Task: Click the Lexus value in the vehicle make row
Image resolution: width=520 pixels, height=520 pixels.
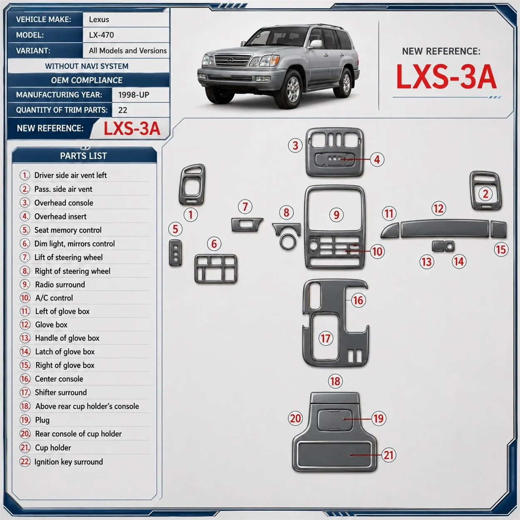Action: (99, 20)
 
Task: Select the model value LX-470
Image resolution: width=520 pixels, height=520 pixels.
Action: (101, 35)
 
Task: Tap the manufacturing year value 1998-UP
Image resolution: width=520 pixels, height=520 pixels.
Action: (134, 95)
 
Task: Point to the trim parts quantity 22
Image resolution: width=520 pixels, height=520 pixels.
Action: (122, 110)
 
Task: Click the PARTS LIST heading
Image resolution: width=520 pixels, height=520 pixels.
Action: (83, 156)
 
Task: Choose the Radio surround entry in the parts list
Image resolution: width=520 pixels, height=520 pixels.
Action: (60, 285)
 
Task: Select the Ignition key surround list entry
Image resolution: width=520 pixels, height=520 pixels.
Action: (69, 462)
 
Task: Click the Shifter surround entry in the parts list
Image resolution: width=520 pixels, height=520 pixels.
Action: (61, 392)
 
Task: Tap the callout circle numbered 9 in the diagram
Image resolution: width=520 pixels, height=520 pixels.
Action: (336, 215)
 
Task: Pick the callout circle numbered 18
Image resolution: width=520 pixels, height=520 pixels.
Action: (335, 381)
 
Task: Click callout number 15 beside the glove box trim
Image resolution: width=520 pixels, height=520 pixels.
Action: (501, 249)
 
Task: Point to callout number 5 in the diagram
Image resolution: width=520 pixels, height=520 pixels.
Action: (175, 229)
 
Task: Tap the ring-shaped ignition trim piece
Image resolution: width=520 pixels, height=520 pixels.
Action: (287, 241)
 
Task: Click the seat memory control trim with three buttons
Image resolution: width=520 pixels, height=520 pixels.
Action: (176, 253)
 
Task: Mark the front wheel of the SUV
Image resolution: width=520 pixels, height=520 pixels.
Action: (293, 89)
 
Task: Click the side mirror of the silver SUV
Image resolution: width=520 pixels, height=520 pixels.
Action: (316, 43)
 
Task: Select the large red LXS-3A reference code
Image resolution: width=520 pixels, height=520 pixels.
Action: (446, 77)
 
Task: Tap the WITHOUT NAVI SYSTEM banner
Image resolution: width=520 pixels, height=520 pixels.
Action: (87, 66)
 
